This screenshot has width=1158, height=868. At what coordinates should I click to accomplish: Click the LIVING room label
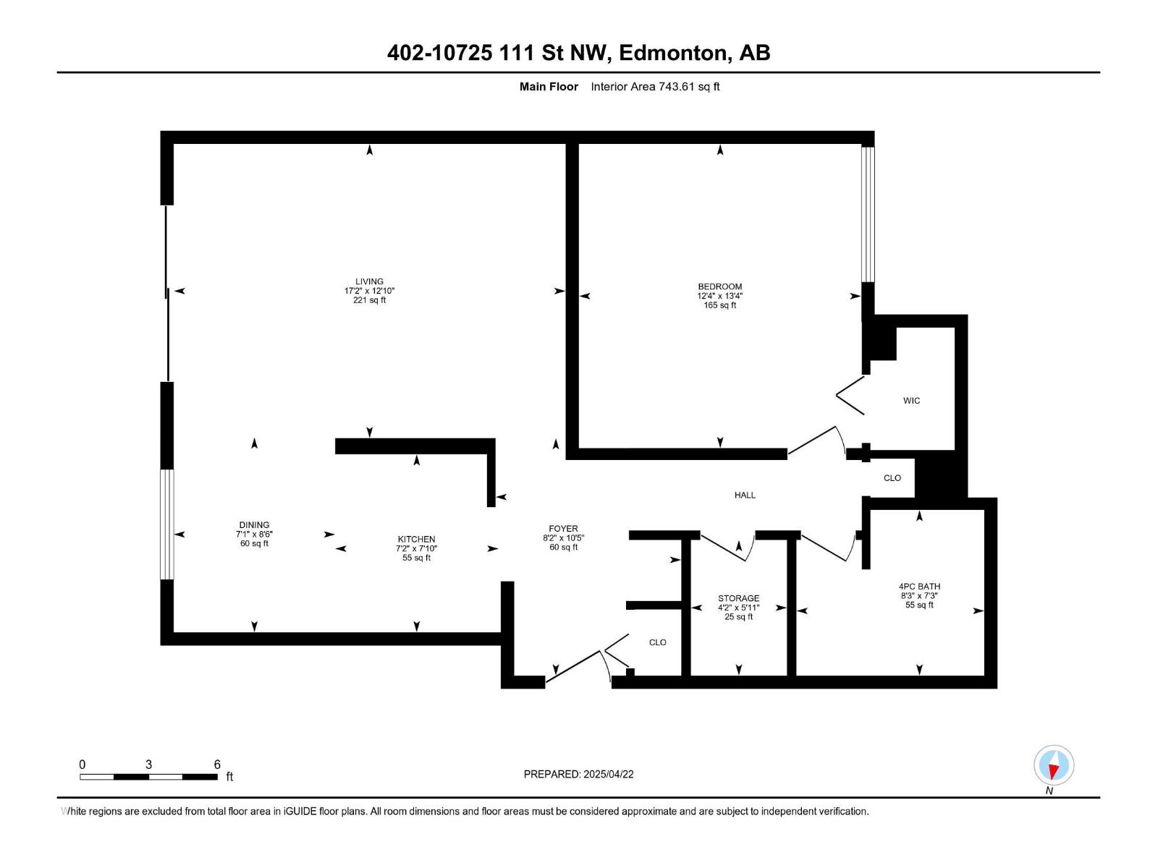[369, 281]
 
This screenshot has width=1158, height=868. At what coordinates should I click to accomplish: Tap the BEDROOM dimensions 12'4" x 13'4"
[719, 296]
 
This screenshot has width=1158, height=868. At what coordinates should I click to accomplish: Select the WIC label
[911, 401]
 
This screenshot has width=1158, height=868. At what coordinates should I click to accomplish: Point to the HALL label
[745, 495]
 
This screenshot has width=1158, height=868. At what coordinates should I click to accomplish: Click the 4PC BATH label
[919, 587]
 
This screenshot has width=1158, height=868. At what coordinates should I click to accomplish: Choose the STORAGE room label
[738, 598]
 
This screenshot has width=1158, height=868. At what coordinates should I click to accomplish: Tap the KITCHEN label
[416, 539]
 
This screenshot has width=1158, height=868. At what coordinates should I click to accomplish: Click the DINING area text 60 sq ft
[254, 544]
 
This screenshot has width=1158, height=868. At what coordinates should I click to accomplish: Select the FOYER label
[563, 529]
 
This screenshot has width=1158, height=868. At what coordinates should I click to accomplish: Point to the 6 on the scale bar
[217, 765]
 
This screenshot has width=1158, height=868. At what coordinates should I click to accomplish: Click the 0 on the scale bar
[83, 765]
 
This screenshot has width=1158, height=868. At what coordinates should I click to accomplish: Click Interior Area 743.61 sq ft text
[655, 87]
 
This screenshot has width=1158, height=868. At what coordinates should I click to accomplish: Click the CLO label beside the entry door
[657, 642]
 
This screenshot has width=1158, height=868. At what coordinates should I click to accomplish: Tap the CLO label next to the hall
[892, 478]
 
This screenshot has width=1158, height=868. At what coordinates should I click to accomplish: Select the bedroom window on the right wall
[868, 214]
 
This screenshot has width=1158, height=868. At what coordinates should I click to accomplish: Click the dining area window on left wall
[167, 524]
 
